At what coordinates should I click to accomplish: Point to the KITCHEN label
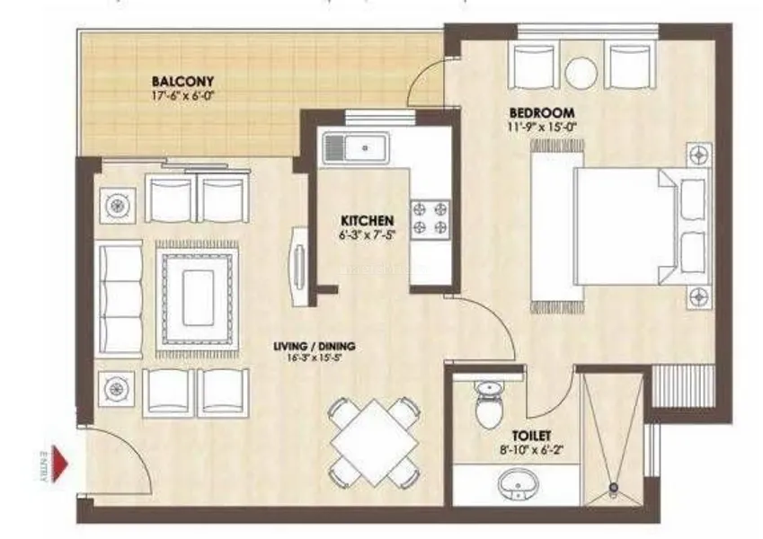coord(366,220)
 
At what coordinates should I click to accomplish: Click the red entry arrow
coord(61,463)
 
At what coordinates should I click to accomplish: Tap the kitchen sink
coord(356,145)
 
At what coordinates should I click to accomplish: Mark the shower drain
coord(614,489)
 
